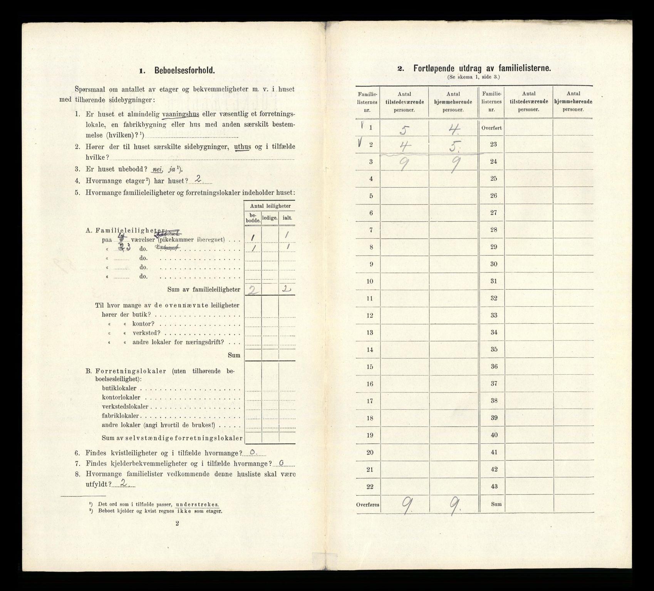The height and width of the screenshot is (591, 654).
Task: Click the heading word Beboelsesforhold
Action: [x=184, y=71]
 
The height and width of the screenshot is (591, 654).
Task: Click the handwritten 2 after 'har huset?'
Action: [x=198, y=179]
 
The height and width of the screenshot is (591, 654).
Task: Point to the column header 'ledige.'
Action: [x=270, y=218]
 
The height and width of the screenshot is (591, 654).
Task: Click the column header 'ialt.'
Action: [x=287, y=218]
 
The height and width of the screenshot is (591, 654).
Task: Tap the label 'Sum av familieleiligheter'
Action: [x=204, y=290]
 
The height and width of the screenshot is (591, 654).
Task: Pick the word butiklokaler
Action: [x=119, y=388]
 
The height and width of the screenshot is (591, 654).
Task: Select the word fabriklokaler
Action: [x=121, y=416]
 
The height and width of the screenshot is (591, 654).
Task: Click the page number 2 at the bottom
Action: [x=177, y=523]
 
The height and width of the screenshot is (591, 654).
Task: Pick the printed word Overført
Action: [x=491, y=128]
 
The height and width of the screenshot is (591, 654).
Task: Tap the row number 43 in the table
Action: [x=493, y=486]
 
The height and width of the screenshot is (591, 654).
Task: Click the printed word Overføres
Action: [x=368, y=504]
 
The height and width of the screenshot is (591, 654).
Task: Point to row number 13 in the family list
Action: [x=370, y=332]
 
